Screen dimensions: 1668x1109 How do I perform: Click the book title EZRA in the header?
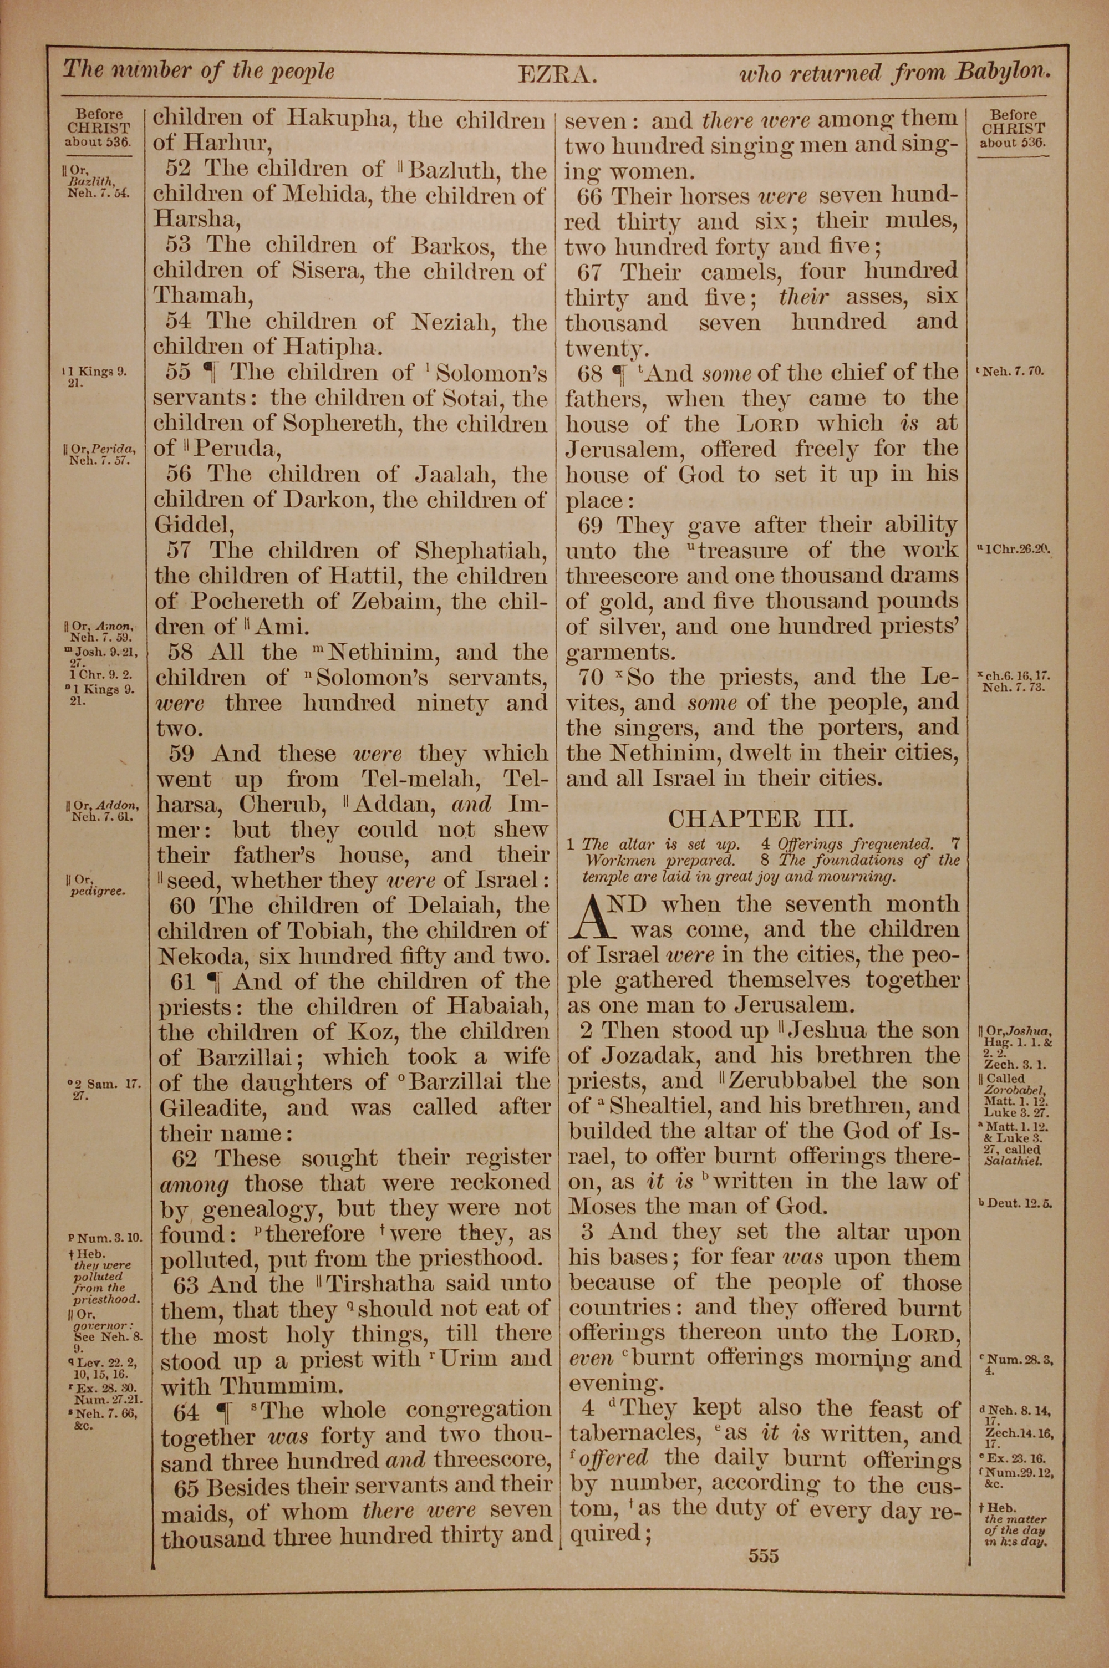point(558,74)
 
